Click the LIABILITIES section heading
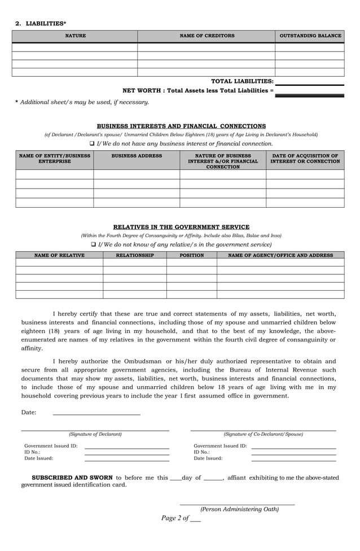(x=45, y=23)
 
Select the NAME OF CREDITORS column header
(x=207, y=36)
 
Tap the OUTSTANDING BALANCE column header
(x=310, y=36)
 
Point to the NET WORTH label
(x=197, y=90)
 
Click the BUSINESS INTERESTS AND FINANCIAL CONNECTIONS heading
(x=181, y=126)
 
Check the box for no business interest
(x=93, y=144)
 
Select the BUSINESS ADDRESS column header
(x=137, y=156)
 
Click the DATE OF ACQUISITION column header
(x=305, y=159)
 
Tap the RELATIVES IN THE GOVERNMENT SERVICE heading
(x=181, y=227)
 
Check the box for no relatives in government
(x=94, y=244)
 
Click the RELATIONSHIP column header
(x=134, y=255)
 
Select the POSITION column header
(x=191, y=255)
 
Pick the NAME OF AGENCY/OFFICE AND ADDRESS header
(x=280, y=255)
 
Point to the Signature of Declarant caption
(x=95, y=434)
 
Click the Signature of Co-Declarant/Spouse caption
(x=263, y=434)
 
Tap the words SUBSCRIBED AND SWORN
(x=72, y=478)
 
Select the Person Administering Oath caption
(x=239, y=509)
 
